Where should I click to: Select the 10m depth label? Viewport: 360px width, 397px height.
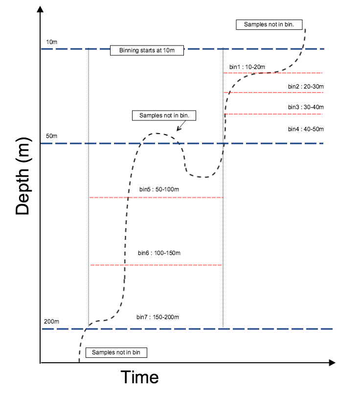coord(52,42)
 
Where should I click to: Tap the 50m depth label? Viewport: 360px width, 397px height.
coord(52,136)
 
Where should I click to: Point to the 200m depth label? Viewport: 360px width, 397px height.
coord(52,322)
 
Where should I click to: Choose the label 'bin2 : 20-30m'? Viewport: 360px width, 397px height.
coord(306,87)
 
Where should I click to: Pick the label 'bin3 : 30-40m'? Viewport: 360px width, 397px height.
coord(306,107)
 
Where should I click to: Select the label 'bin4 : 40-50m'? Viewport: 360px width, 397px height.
coord(306,129)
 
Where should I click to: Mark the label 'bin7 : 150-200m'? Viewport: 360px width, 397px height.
coord(158,317)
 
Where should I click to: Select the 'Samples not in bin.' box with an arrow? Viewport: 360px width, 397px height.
coord(164,116)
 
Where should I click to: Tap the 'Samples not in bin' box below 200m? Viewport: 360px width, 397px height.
coord(116,352)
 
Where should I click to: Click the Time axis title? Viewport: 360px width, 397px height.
coord(140,377)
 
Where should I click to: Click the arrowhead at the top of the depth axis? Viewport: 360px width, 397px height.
coord(40,10)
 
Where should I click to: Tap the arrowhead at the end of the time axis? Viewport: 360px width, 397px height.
coord(332,363)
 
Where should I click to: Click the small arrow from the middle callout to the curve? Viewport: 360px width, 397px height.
coord(180,126)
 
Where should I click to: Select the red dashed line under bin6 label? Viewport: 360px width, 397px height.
coord(156,265)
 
